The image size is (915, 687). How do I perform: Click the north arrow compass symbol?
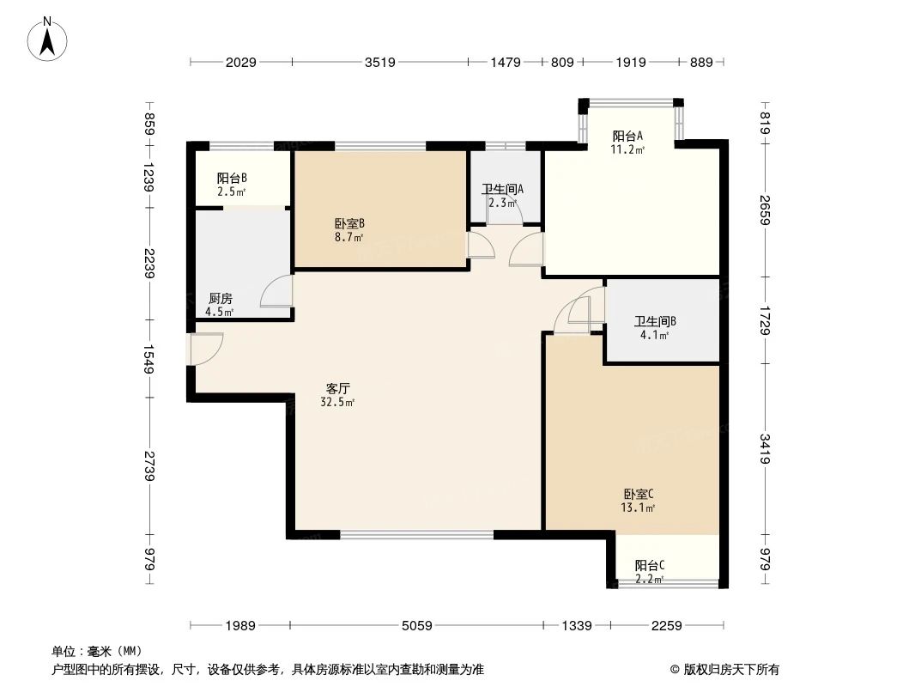pyautogui.click(x=47, y=40)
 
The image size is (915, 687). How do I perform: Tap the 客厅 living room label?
pyautogui.click(x=338, y=388)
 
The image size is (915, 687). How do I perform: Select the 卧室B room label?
pyautogui.click(x=349, y=223)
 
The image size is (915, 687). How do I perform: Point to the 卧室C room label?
pyautogui.click(x=638, y=495)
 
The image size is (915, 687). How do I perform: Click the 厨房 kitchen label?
pyautogui.click(x=220, y=299)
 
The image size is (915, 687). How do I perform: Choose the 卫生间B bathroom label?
pyautogui.click(x=655, y=322)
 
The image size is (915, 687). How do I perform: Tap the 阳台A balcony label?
pyautogui.click(x=628, y=136)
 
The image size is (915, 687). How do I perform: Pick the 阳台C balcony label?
pyautogui.click(x=650, y=566)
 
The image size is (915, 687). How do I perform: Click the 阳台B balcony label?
pyautogui.click(x=232, y=178)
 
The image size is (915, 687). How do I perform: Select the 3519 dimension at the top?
pyautogui.click(x=380, y=62)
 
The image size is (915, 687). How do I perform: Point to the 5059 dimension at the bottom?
pyautogui.click(x=416, y=626)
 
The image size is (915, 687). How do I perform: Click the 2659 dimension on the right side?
pyautogui.click(x=766, y=210)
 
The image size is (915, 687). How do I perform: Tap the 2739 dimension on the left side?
pyautogui.click(x=150, y=465)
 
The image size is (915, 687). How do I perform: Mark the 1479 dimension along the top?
pyautogui.click(x=506, y=62)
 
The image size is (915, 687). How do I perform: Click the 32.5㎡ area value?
pyautogui.click(x=338, y=402)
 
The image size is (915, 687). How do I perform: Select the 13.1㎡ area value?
pyautogui.click(x=638, y=508)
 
